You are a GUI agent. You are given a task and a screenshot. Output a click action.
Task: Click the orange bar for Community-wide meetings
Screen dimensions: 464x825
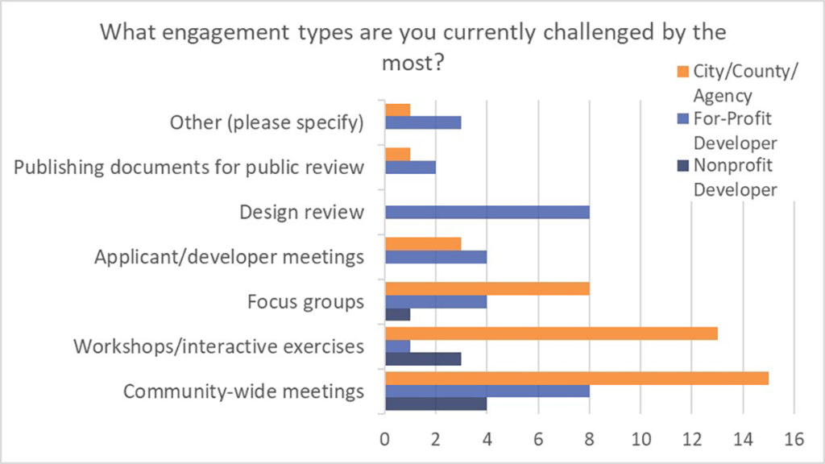pyautogui.click(x=577, y=379)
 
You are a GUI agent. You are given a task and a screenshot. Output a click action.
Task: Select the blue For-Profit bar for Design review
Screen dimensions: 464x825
pyautogui.click(x=487, y=213)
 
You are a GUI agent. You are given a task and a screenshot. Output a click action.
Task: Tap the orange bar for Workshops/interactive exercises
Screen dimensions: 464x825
pyautogui.click(x=551, y=333)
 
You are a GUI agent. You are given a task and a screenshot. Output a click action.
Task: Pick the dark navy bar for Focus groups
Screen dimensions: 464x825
pyautogui.click(x=398, y=314)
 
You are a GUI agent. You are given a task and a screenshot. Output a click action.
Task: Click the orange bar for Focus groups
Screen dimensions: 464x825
pyautogui.click(x=487, y=288)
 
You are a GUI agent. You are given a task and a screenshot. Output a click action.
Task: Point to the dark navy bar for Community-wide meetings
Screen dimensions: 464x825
pyautogui.click(x=436, y=404)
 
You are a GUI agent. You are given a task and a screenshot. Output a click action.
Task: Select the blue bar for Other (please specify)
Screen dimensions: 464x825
pyautogui.click(x=423, y=122)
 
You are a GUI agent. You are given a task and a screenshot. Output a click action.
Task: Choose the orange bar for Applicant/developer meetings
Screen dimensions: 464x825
pyautogui.click(x=423, y=244)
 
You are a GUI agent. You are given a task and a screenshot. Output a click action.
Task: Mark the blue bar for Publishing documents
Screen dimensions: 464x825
pyautogui.click(x=410, y=168)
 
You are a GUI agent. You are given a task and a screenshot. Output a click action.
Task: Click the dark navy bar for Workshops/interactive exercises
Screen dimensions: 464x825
pyautogui.click(x=423, y=359)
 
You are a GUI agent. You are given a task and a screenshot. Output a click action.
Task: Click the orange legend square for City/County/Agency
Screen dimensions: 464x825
pyautogui.click(x=682, y=72)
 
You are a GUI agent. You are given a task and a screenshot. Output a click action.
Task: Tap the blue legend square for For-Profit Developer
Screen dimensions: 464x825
pyautogui.click(x=682, y=119)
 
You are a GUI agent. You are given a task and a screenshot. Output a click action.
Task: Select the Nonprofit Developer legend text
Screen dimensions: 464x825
pyautogui.click(x=734, y=178)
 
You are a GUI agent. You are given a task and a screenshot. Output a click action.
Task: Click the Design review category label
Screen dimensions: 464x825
pyautogui.click(x=302, y=213)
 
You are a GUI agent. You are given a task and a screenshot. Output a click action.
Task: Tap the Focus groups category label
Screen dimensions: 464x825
pyautogui.click(x=306, y=302)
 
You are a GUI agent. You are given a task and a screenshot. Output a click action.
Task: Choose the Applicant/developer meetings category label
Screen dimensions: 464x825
pyautogui.click(x=229, y=258)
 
